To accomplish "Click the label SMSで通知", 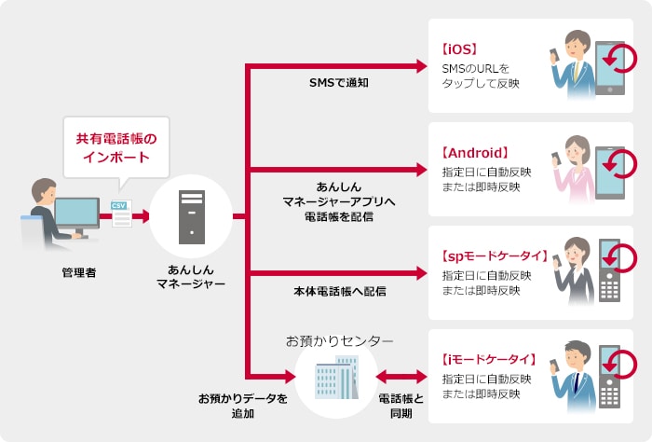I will [x=339, y=83].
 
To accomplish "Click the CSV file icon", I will [x=120, y=213].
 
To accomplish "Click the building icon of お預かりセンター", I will [x=336, y=378].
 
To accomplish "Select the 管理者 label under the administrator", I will [x=77, y=272].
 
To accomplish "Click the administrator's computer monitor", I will [x=77, y=213].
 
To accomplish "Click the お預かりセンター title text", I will [x=339, y=340].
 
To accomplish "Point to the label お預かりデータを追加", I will [x=242, y=406].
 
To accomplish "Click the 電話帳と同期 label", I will [x=401, y=406].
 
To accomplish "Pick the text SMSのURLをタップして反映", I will [x=481, y=76].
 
